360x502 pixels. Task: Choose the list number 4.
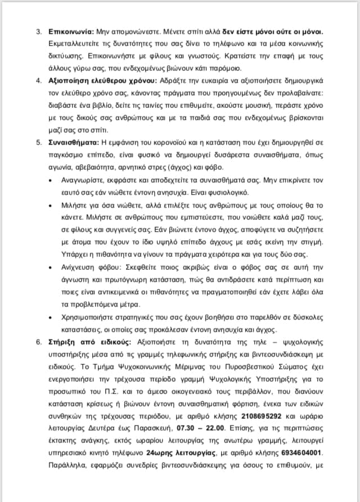[39, 80]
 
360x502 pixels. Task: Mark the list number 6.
[39, 342]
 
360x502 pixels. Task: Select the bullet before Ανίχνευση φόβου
[51, 267]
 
